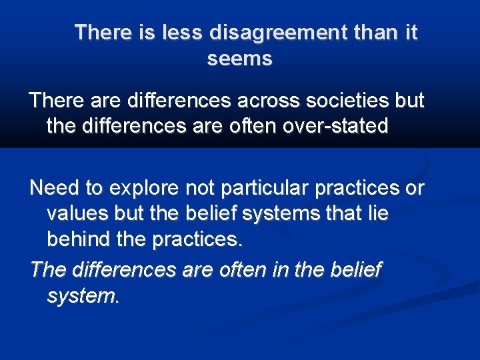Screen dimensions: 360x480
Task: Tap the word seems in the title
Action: [240, 59]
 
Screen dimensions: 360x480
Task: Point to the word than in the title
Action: [369, 33]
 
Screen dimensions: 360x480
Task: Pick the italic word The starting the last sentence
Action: [47, 270]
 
